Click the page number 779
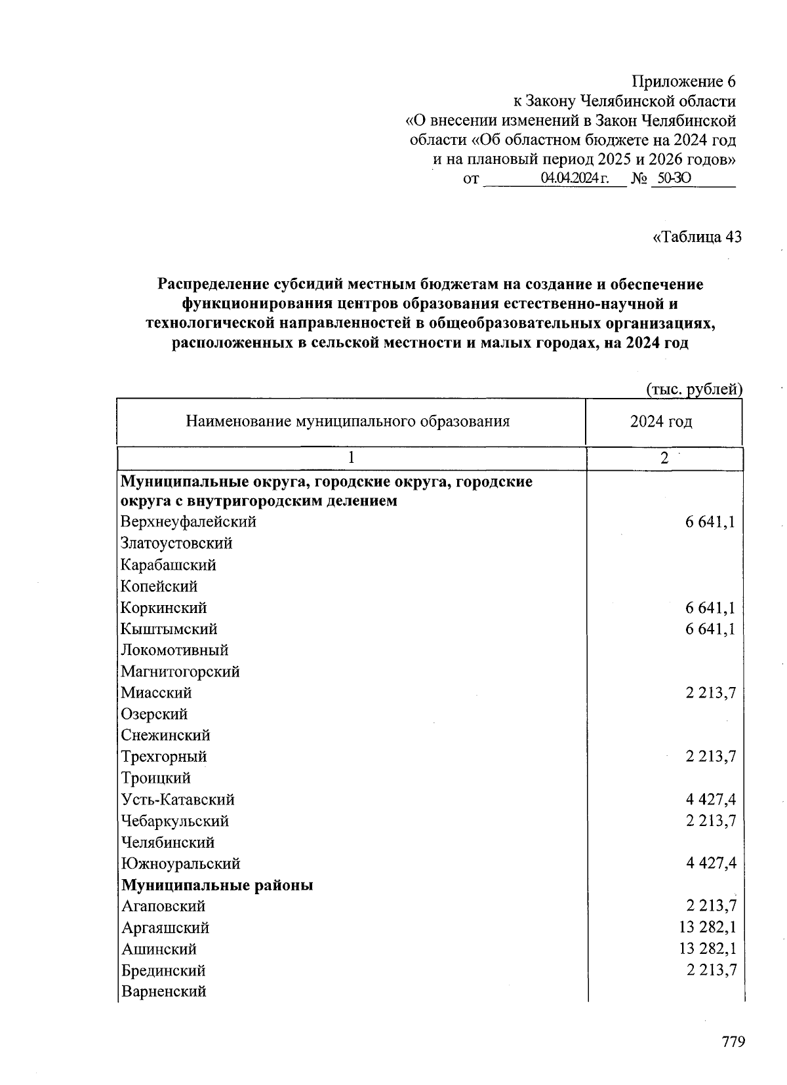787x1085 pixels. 733,1042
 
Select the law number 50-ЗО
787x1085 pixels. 674,178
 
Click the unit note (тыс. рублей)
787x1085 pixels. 695,389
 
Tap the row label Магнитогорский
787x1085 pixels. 180,671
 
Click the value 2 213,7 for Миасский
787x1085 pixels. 710,693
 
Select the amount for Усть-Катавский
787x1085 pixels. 710,799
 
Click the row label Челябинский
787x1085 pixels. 167,842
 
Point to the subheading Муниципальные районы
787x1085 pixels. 217,885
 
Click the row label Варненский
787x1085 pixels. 164,991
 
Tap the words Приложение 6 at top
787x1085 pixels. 683,82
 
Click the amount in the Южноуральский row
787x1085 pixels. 710,863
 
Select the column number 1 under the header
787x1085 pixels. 352,459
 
